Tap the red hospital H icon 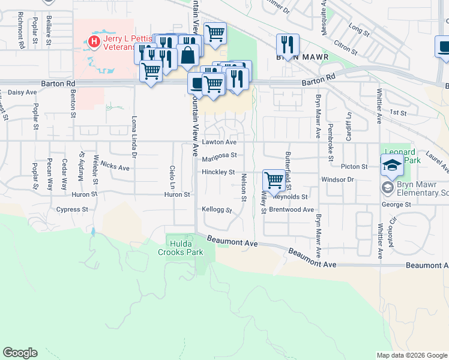pyautogui.click(x=94, y=41)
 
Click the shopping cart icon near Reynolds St pyautogui.click(x=274, y=179)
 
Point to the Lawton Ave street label pyautogui.click(x=219, y=142)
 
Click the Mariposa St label pyautogui.click(x=219, y=155)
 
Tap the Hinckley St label pyautogui.click(x=218, y=172)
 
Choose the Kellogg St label pyautogui.click(x=216, y=208)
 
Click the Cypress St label pyautogui.click(x=72, y=209)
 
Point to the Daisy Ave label pyautogui.click(x=22, y=92)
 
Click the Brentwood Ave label pyautogui.click(x=291, y=210)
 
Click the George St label pyautogui.click(x=396, y=205)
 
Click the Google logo pyautogui.click(x=20, y=353)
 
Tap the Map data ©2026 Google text pyautogui.click(x=412, y=355)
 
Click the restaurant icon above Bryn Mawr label pyautogui.click(x=288, y=44)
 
